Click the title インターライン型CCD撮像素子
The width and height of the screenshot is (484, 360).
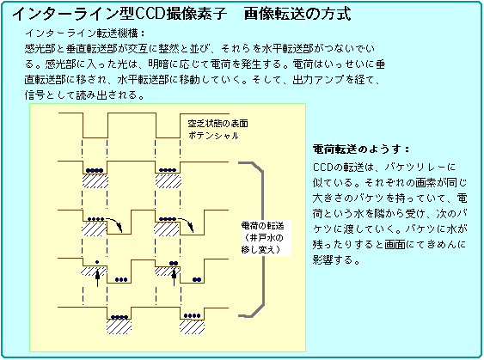tap(119, 14)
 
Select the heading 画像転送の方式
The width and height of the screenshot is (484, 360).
tap(297, 14)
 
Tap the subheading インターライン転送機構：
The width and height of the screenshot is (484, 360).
tap(85, 33)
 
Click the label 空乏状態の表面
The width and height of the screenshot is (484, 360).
tap(217, 124)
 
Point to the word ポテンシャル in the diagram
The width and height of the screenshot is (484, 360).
tap(213, 136)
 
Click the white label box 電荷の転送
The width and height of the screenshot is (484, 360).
tap(266, 238)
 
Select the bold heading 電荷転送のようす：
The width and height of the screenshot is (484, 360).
tap(361, 149)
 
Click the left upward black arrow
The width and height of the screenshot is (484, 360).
tap(97, 278)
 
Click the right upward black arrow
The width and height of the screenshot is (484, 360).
tap(175, 277)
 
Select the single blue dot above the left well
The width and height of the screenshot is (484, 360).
tap(97, 262)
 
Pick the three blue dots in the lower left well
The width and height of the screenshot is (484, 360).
tap(121, 280)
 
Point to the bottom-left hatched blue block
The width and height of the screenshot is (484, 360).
tap(119, 327)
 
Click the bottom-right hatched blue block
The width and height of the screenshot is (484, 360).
tap(192, 327)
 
